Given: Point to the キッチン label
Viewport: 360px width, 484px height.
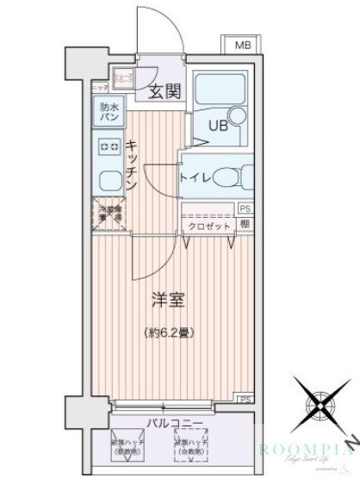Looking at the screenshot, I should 131,163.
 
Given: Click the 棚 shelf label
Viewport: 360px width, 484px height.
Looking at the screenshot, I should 245,226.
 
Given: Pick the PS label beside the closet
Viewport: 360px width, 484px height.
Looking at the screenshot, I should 245,209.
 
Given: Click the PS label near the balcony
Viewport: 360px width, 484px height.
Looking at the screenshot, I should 245,400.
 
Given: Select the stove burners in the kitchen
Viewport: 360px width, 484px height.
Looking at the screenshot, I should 109,147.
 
